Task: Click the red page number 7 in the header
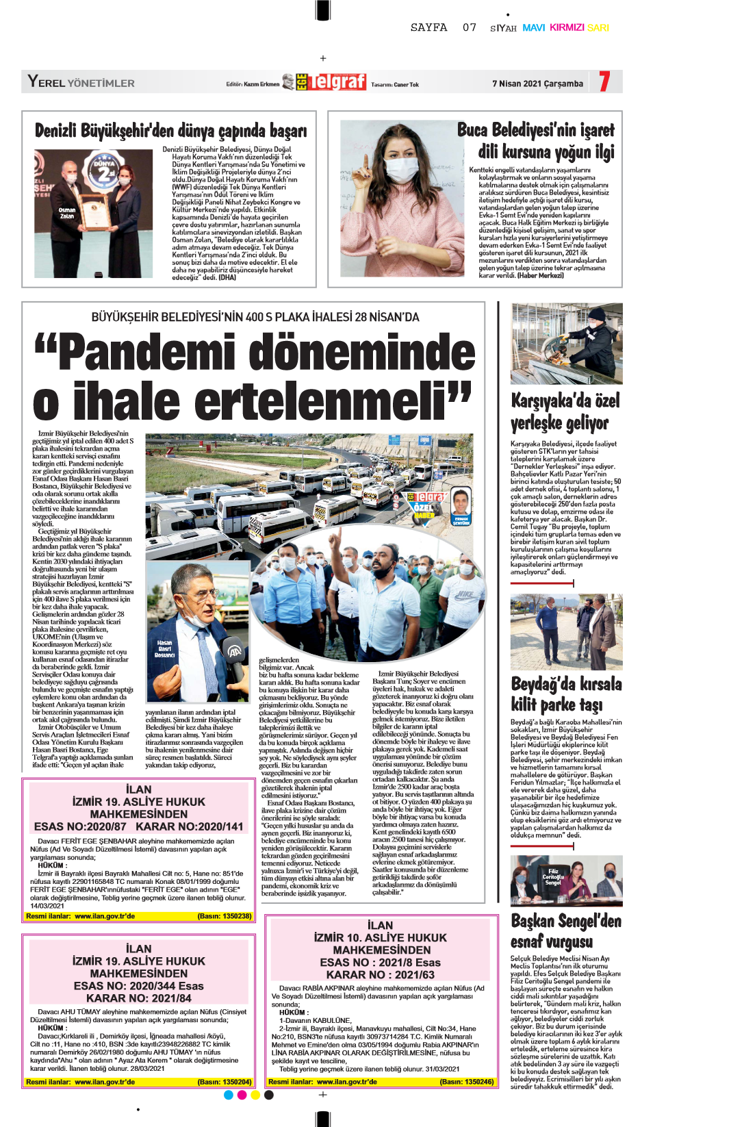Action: point(604,81)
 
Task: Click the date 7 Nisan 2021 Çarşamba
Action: point(537,84)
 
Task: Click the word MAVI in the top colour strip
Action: point(533,28)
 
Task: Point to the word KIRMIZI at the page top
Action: point(567,28)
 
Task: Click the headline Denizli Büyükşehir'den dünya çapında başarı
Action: point(170,130)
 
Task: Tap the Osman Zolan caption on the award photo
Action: point(66,213)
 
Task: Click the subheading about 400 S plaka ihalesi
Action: point(255,317)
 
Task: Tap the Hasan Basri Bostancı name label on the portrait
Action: point(165,649)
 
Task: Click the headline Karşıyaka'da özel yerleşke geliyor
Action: point(565,411)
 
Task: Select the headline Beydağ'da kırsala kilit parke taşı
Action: point(566,694)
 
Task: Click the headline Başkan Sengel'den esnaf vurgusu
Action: point(566,931)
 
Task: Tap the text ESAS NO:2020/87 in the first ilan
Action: point(80,826)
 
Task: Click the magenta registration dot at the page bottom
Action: point(242,1095)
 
